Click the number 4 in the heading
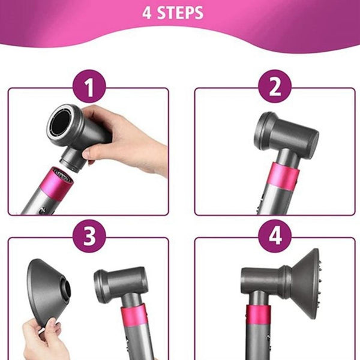[x=147, y=13]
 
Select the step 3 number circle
[x=88, y=236]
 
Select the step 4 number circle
[x=275, y=236]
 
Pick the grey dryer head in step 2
[x=285, y=133]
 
